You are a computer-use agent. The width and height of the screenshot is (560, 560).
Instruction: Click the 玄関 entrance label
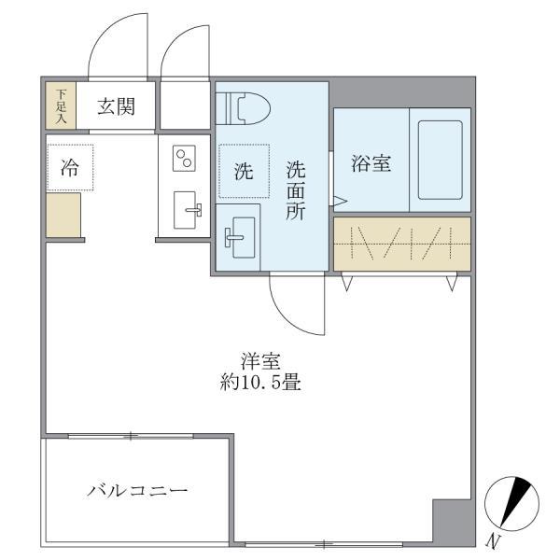point(117,106)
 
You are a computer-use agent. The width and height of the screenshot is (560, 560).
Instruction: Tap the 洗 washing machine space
point(244,171)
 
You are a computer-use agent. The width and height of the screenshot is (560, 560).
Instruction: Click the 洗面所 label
point(296,189)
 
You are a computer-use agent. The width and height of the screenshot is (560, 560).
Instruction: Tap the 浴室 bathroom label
point(371,163)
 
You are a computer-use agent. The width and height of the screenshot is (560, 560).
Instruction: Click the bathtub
point(440,159)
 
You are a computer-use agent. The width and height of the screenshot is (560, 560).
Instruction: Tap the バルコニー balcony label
point(138,490)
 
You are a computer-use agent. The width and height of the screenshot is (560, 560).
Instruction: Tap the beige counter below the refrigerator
point(63,214)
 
